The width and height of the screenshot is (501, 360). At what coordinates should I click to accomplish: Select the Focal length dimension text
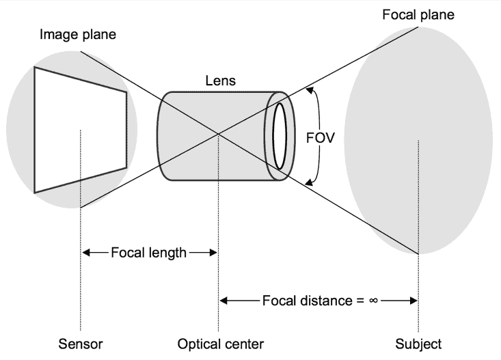pyautogui.click(x=148, y=253)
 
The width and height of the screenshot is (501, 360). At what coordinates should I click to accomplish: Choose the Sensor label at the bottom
pyautogui.click(x=81, y=344)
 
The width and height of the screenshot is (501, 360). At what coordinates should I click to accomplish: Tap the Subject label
pyautogui.click(x=418, y=344)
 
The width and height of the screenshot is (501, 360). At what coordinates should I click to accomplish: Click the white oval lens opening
pyautogui.click(x=279, y=135)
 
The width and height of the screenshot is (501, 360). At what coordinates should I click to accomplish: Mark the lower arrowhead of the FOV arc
pyautogui.click(x=309, y=182)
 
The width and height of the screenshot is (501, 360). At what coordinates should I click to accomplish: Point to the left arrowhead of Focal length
pyautogui.click(x=85, y=253)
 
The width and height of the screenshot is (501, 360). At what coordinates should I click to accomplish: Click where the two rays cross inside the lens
pyautogui.click(x=218, y=133)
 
